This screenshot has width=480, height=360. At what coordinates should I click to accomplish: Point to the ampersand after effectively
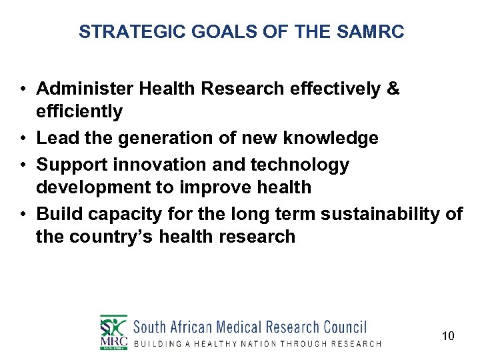(x=393, y=89)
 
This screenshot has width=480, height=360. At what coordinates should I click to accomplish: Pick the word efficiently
(x=79, y=111)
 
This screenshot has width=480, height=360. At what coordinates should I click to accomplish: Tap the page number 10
(x=448, y=336)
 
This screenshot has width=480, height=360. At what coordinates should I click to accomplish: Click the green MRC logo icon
(x=113, y=331)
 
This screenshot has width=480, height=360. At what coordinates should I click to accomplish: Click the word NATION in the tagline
(x=255, y=343)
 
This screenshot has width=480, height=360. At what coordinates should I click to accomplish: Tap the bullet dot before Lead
(x=23, y=139)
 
